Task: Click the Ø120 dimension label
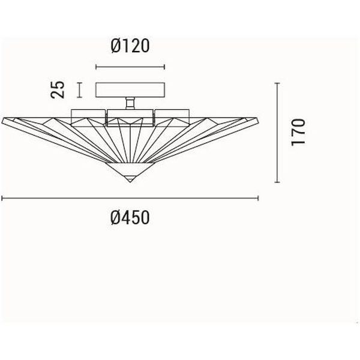point(130,46)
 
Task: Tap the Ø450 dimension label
point(130,218)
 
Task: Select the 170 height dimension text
point(298,132)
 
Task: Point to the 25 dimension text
point(58,90)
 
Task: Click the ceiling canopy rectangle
point(130,90)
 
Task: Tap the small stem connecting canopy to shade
point(130,103)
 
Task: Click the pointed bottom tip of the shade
point(130,182)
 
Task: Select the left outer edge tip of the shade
point(2,120)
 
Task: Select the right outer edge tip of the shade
point(258,120)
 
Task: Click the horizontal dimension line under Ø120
point(130,67)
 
